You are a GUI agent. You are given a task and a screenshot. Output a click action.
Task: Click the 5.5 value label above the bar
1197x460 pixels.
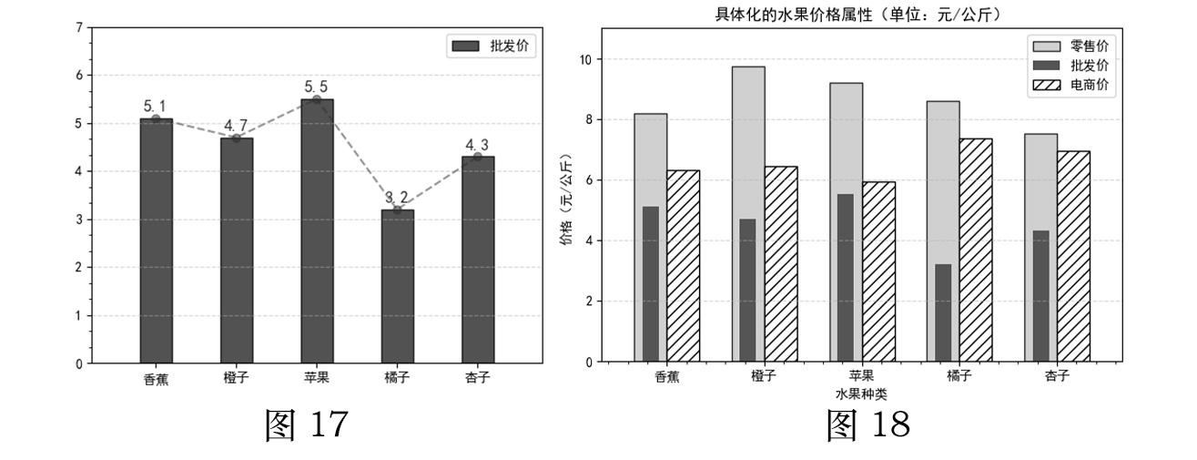point(316,87)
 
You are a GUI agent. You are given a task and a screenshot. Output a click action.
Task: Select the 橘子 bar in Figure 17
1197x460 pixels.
point(398,286)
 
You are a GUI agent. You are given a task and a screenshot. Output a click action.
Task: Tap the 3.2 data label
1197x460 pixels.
point(397,198)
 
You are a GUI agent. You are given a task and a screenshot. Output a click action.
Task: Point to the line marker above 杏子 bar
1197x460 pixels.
point(478,156)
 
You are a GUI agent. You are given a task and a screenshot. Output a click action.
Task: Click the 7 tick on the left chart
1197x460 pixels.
point(79,27)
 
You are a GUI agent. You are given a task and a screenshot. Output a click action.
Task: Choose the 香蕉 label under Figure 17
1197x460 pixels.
point(156,379)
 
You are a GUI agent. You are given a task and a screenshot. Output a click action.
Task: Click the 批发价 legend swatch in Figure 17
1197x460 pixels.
point(465,46)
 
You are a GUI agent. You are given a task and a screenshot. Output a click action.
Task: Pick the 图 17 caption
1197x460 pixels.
point(307,424)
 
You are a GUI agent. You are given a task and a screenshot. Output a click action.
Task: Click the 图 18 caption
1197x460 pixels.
point(868,424)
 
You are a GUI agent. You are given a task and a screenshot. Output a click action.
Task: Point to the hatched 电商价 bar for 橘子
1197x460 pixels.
point(976,250)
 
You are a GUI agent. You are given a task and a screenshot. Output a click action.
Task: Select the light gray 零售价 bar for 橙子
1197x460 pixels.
point(748,214)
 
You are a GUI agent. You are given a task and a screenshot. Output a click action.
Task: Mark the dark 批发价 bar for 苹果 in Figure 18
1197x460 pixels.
point(846,278)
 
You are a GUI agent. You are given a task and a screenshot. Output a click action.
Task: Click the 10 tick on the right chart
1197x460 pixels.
point(586,59)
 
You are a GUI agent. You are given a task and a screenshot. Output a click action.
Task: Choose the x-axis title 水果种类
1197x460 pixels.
point(861,394)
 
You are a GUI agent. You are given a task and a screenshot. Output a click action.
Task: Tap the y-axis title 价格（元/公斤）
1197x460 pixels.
point(566,199)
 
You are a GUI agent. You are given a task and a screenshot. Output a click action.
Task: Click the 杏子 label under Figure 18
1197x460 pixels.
point(1057,375)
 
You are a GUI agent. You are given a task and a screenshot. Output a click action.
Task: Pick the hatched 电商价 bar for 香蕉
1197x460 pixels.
point(683,266)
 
